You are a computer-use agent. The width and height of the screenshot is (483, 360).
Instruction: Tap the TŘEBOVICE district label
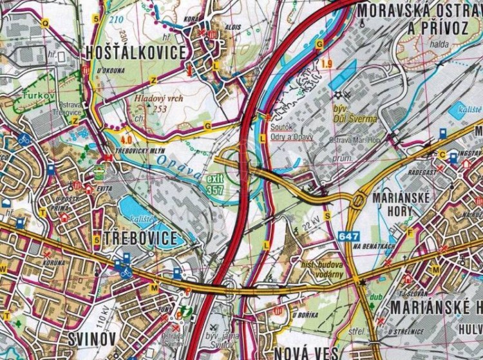pos(138,238)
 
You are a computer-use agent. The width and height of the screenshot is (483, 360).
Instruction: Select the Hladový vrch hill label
pos(158,99)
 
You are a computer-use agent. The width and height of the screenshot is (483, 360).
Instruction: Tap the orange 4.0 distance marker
pos(125,138)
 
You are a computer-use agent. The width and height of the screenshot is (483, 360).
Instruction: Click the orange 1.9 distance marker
pos(327,63)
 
